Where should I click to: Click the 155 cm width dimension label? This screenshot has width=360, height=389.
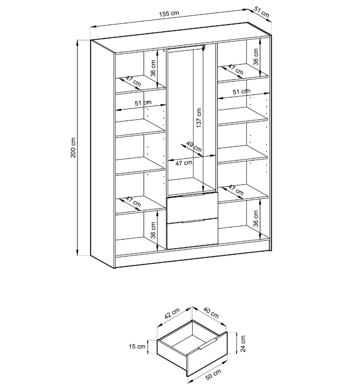[169, 13]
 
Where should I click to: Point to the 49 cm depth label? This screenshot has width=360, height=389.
[194, 146]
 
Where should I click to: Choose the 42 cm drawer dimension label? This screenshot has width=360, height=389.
[171, 314]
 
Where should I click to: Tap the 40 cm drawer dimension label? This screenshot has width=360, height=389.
[211, 312]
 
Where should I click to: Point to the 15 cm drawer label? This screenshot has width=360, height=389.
[138, 346]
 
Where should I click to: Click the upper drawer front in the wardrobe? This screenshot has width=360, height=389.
[192, 208]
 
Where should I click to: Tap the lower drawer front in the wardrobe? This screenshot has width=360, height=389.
[192, 233]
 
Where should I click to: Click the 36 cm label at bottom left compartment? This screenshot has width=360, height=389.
[153, 229]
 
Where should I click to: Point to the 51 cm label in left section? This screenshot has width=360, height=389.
[143, 103]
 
